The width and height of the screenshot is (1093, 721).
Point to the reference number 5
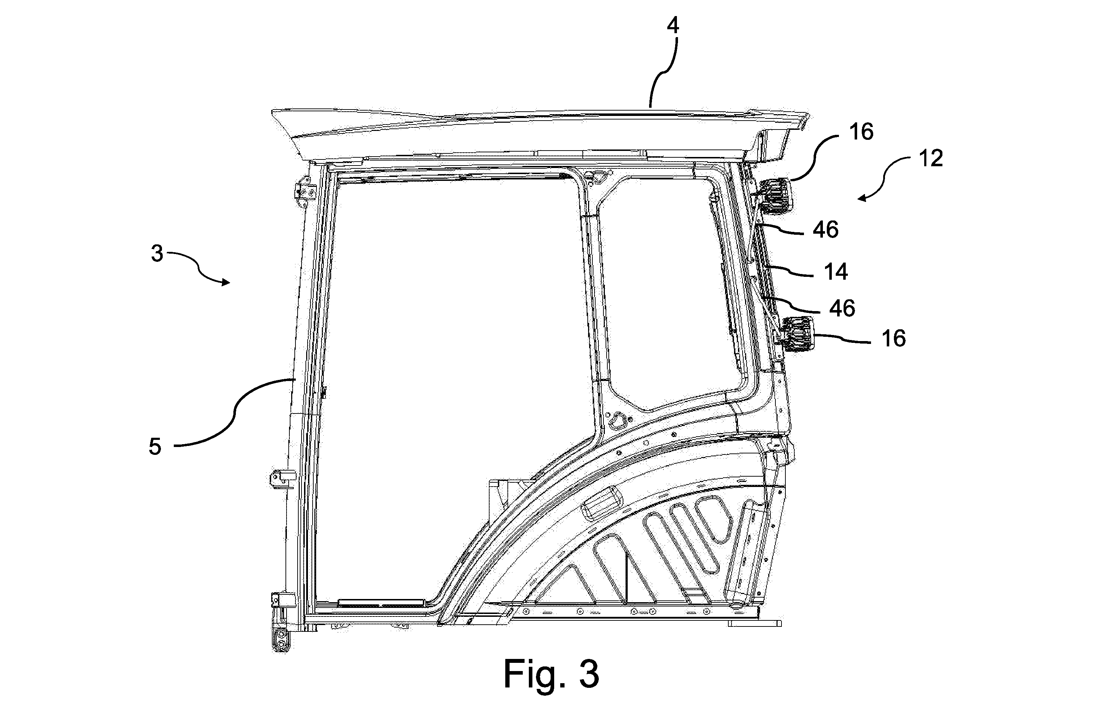point(155,446)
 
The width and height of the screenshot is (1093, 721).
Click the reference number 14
point(835,272)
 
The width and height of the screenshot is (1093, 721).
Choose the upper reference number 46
point(825,229)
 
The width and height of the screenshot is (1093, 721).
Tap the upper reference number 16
point(861,132)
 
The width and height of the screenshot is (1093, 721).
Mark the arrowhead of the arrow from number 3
point(226,282)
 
